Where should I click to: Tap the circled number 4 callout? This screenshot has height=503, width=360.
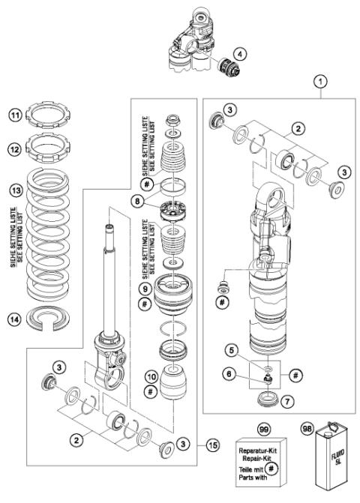238,53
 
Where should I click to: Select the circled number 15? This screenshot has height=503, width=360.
212,445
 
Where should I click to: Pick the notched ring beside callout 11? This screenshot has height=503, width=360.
50,116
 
